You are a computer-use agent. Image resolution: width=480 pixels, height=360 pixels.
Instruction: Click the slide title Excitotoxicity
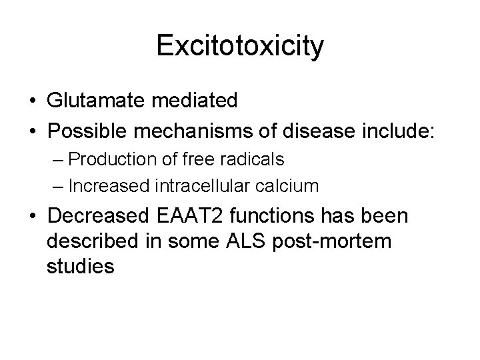240,46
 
